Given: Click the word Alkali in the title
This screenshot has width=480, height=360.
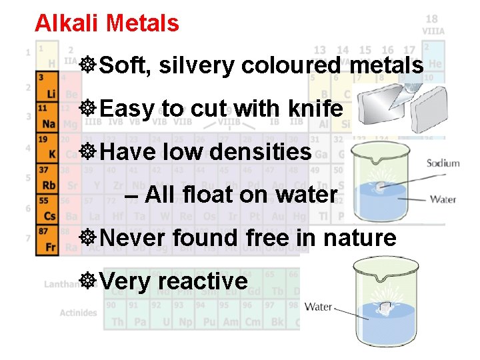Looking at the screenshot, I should click(x=67, y=23).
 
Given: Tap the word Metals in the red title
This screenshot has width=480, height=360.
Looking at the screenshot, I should click(x=143, y=23).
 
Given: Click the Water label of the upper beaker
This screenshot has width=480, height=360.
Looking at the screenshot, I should click(x=443, y=199).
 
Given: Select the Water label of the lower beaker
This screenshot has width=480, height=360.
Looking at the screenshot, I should click(x=318, y=307).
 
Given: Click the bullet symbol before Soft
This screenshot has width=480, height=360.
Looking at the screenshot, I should click(x=87, y=65).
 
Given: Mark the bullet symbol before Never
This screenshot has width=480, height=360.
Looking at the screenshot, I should click(x=87, y=237).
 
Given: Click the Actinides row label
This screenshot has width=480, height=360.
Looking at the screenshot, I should click(x=78, y=313).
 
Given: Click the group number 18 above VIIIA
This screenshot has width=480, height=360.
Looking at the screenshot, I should click(x=432, y=19).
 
